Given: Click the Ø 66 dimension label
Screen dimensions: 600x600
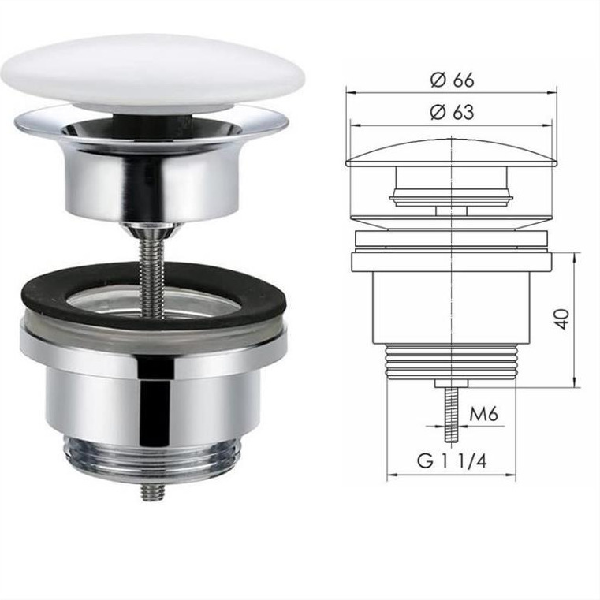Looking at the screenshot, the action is point(452,80).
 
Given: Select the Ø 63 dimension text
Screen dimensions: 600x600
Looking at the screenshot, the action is point(452,112).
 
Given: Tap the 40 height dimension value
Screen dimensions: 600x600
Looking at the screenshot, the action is point(562,319).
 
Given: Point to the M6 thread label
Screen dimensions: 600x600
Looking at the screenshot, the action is point(483,414).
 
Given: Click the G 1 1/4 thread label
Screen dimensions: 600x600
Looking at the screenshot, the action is point(452,460).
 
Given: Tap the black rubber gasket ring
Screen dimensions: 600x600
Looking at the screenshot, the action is point(155,296).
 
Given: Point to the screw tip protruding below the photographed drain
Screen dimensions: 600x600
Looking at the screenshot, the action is point(153,493).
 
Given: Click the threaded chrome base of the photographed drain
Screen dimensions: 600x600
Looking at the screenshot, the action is point(153,461).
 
